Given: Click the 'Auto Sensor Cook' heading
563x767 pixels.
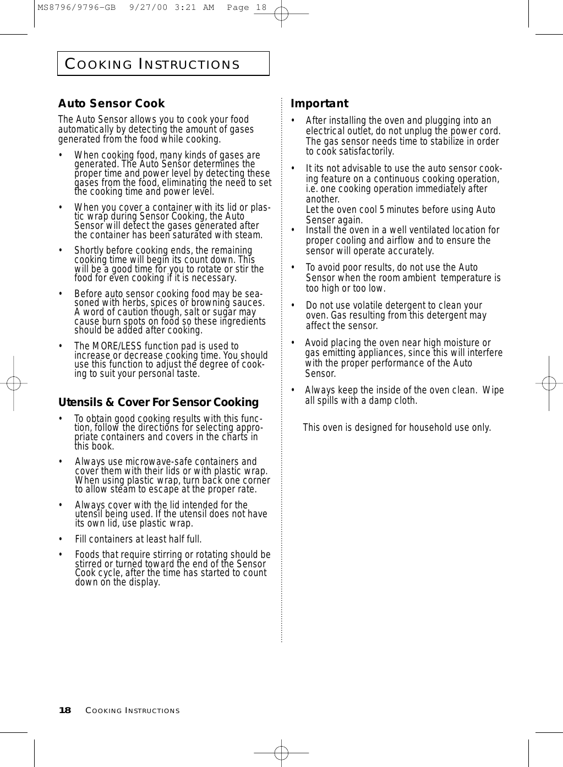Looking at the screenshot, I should click(x=112, y=103).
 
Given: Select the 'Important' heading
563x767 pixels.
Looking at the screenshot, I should click(x=319, y=103).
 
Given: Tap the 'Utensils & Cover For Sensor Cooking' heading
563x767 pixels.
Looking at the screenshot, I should click(x=158, y=402).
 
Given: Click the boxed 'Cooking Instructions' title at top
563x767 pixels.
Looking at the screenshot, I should click(x=153, y=64).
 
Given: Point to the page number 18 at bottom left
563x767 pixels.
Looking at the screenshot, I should click(x=65, y=710).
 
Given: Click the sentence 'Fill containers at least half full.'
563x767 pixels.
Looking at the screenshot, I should click(x=138, y=539).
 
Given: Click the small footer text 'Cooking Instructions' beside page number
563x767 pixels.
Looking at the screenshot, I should click(x=132, y=711).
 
